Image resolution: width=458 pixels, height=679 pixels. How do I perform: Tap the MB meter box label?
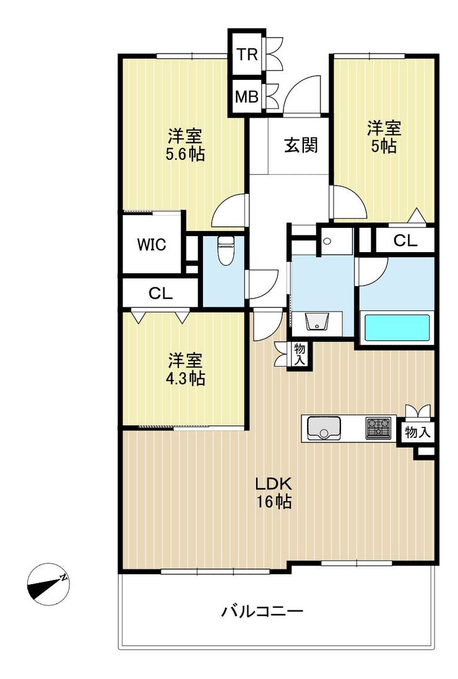(x=247, y=97)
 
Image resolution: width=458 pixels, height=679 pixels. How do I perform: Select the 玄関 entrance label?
(x=301, y=145)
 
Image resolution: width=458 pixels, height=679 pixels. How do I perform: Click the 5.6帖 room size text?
(x=185, y=154)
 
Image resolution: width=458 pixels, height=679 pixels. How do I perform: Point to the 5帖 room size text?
(x=384, y=146)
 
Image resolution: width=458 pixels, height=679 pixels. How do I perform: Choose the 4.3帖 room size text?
(x=185, y=379)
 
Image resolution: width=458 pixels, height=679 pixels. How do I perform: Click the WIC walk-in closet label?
(x=152, y=245)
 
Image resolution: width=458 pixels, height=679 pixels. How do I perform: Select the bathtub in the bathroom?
(x=397, y=327)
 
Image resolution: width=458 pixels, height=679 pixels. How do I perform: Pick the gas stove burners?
(x=378, y=428)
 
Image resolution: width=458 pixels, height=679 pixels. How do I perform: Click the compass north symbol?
(x=48, y=584)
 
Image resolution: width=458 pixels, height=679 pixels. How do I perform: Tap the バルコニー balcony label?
(x=262, y=611)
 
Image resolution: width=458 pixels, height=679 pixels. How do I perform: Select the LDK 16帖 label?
(x=274, y=493)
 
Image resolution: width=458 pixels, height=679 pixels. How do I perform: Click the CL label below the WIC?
(x=160, y=294)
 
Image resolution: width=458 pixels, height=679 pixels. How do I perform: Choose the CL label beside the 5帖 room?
(x=405, y=240)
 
